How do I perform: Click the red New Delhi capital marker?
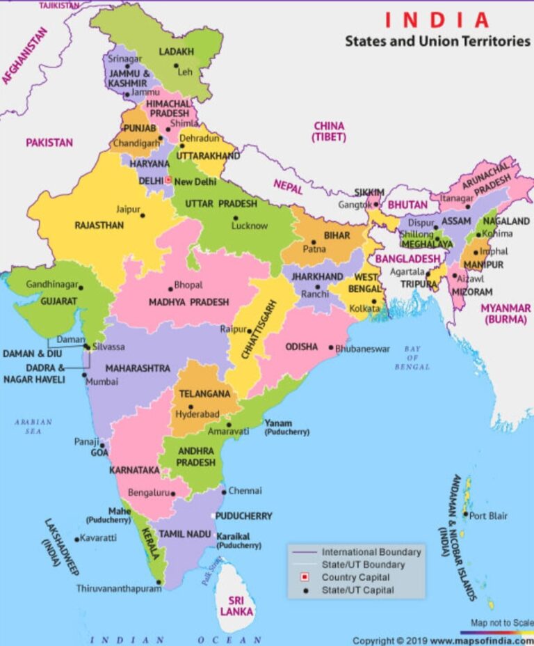(x=168, y=180)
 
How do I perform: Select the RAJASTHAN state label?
(x=99, y=226)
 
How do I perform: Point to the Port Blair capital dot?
(x=465, y=516)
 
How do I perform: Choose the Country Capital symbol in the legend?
(x=304, y=578)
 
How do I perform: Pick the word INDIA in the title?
(x=437, y=20)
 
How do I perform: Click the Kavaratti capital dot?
(x=76, y=539)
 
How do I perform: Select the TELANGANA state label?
(x=204, y=393)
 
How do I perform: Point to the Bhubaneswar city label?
(x=363, y=349)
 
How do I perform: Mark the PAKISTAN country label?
(x=49, y=142)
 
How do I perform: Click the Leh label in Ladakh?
(x=185, y=72)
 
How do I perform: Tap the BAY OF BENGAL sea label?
(x=413, y=357)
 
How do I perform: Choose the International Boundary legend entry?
(x=371, y=552)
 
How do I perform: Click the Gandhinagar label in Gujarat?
(x=51, y=285)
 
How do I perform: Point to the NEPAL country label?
(x=287, y=184)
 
